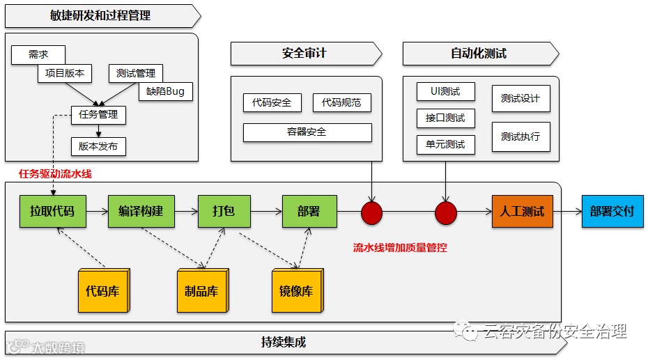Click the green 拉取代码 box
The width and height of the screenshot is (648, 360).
52,211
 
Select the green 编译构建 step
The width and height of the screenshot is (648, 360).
141,211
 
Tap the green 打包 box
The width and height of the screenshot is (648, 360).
223,211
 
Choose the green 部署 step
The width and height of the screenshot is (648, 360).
309,211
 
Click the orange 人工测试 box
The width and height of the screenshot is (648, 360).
522,211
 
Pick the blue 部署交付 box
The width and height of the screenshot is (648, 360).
612,211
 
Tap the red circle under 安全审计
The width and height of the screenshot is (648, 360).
372,213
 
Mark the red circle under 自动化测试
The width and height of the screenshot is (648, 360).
445,213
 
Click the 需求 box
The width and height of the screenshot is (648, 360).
38,55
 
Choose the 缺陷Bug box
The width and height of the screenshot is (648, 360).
166,91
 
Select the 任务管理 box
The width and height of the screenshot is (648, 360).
98,115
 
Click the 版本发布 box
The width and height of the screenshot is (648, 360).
98,146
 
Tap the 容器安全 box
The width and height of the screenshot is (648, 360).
307,132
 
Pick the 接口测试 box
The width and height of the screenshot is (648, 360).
445,118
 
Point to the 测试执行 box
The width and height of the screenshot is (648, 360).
520,136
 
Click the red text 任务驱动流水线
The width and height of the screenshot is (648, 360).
55,174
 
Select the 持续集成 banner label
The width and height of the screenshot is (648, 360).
284,343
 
